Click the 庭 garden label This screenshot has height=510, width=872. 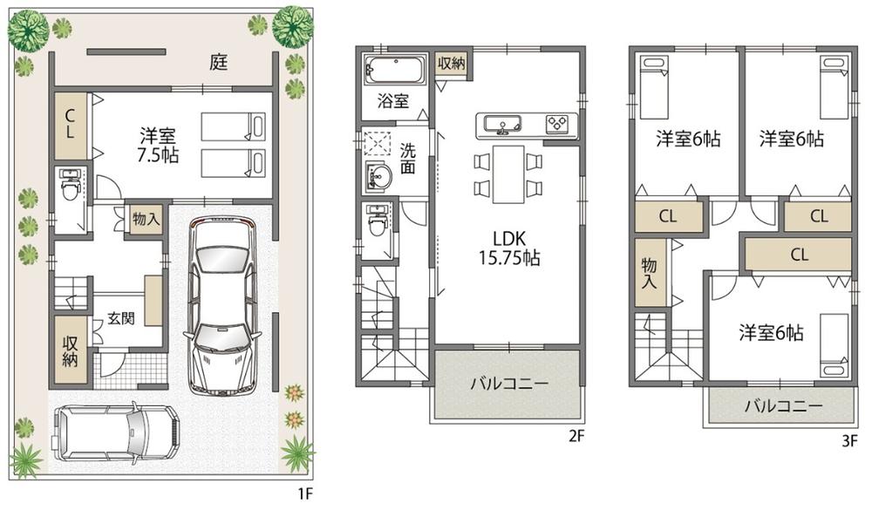(218, 63)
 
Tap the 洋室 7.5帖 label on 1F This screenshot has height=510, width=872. (158, 145)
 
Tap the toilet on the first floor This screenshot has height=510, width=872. (70, 185)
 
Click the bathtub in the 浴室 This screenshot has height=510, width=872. (393, 70)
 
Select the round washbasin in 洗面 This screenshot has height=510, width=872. (378, 177)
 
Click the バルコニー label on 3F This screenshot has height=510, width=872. (783, 406)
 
